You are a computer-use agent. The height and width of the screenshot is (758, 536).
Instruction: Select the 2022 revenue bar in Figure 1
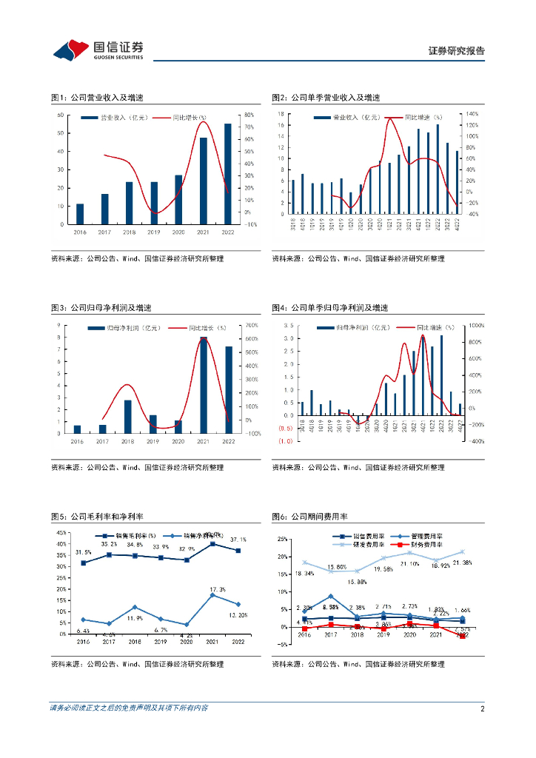[x=228, y=173]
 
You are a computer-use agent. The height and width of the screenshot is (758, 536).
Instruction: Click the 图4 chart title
[x=329, y=307]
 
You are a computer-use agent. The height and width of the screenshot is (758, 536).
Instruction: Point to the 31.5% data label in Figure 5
[x=84, y=552]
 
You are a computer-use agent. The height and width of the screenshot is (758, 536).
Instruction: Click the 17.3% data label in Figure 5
[x=217, y=588]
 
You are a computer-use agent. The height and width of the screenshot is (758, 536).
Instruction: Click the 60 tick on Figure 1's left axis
[x=63, y=115]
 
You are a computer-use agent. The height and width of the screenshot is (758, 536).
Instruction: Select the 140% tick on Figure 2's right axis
[x=472, y=115]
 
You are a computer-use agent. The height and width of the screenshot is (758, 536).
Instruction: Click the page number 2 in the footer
[x=482, y=708]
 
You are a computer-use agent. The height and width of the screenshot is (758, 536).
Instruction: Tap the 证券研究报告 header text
[x=457, y=51]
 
